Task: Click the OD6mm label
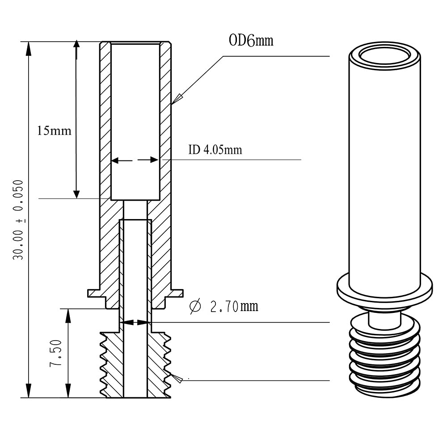coord(251,41)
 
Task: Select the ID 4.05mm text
coord(215,150)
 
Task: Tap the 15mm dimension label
coord(54,131)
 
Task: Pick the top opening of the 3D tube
coord(385,56)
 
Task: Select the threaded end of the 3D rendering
coord(385,358)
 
